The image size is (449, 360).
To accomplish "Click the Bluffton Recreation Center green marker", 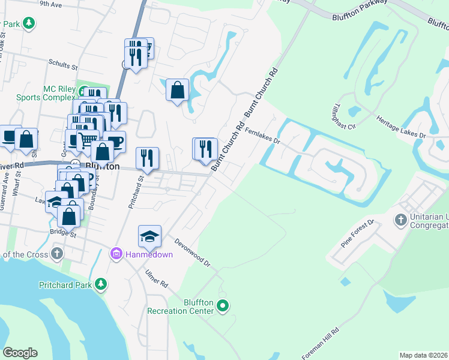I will click(223, 306).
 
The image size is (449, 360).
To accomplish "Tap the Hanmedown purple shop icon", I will click(116, 254).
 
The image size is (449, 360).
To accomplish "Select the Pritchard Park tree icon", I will click(101, 284).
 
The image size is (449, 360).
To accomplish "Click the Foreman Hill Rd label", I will click(321, 343).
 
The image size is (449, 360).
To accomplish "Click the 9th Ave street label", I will click(51, 4).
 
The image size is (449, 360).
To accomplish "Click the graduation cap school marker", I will click(149, 236).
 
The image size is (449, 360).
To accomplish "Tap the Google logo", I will click(20, 353).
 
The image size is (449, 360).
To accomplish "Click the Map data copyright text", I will click(423, 355).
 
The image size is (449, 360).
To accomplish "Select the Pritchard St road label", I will click(136, 191).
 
